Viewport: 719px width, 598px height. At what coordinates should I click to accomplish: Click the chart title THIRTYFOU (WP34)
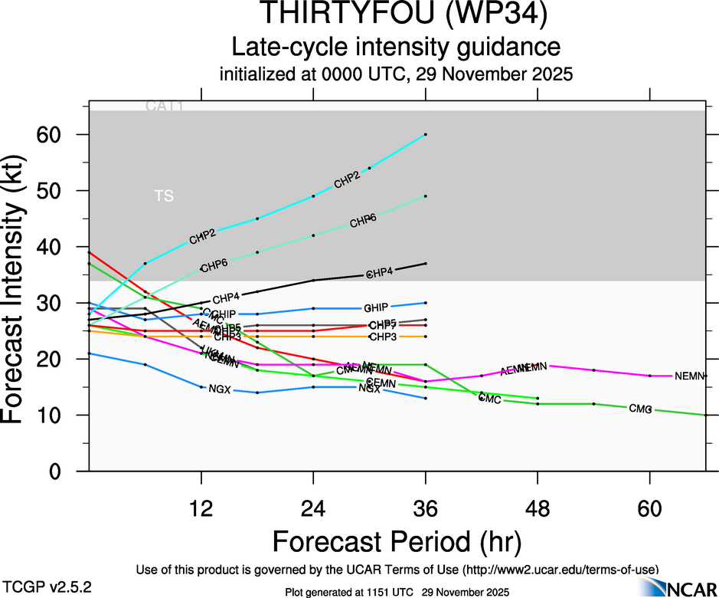pyautogui.click(x=396, y=15)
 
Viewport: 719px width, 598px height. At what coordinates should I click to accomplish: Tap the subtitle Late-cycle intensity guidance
pyautogui.click(x=396, y=47)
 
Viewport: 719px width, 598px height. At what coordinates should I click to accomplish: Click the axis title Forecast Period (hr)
pyautogui.click(x=396, y=541)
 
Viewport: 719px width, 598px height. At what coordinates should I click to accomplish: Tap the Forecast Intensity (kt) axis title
pyautogui.click(x=20, y=287)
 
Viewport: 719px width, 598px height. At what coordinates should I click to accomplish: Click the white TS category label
pyautogui.click(x=164, y=196)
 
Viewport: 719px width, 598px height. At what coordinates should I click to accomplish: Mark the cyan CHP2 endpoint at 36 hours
pyautogui.click(x=426, y=134)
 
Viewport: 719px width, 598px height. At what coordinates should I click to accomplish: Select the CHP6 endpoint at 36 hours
pyautogui.click(x=426, y=196)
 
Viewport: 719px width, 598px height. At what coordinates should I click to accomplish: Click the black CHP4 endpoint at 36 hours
pyautogui.click(x=426, y=264)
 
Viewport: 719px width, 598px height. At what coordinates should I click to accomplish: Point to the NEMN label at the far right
pyautogui.click(x=689, y=376)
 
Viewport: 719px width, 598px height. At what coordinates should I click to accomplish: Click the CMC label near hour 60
pyautogui.click(x=640, y=409)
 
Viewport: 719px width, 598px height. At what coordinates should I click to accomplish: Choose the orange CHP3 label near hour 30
pyautogui.click(x=382, y=337)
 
